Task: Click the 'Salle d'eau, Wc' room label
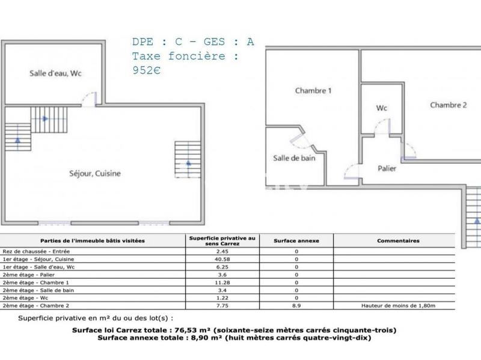coord(55,74)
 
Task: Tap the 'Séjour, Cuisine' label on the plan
coord(94,173)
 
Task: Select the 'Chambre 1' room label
coord(313,91)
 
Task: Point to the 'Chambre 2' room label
coord(448,105)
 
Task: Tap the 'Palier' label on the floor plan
coord(387,169)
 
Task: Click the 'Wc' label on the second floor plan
coord(381,109)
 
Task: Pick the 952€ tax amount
coord(147,70)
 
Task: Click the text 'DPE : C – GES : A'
coord(193,42)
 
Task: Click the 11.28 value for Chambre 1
coord(222,282)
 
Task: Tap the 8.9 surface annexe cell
coord(296,305)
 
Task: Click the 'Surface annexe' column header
coord(296,240)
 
